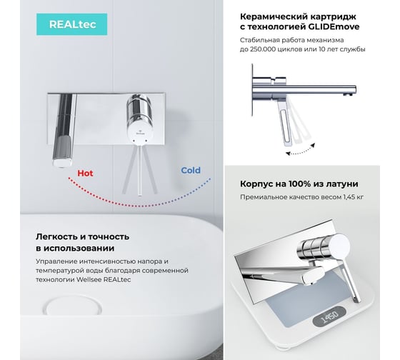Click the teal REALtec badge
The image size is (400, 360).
pyautogui.click(x=71, y=24)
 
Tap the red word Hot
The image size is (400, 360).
pyautogui.click(x=85, y=174)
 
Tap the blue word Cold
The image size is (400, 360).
pyautogui.click(x=191, y=170)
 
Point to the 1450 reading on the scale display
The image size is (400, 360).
pyautogui.click(x=329, y=316)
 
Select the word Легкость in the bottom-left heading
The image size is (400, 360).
pyautogui.click(x=56, y=236)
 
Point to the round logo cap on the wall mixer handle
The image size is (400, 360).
pyautogui.click(x=140, y=133)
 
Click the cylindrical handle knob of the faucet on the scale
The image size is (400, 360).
pyautogui.click(x=324, y=246)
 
